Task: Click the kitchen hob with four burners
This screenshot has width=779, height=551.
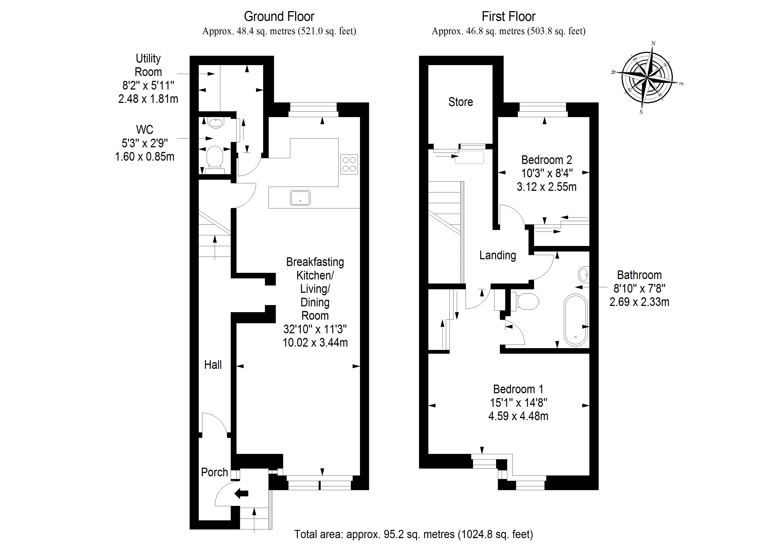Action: [349, 164]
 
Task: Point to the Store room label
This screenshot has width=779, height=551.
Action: [460, 102]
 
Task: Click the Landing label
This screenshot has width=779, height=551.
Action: [497, 255]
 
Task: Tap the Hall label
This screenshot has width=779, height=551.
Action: [213, 365]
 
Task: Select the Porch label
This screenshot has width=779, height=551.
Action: [215, 472]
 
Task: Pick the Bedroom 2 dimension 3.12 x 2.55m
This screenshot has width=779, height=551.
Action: [546, 187]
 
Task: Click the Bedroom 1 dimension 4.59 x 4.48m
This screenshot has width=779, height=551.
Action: [518, 416]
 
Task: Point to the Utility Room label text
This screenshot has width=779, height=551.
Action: [148, 65]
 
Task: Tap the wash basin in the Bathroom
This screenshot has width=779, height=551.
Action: [583, 274]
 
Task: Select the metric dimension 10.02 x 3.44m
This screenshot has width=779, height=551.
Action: [315, 343]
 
